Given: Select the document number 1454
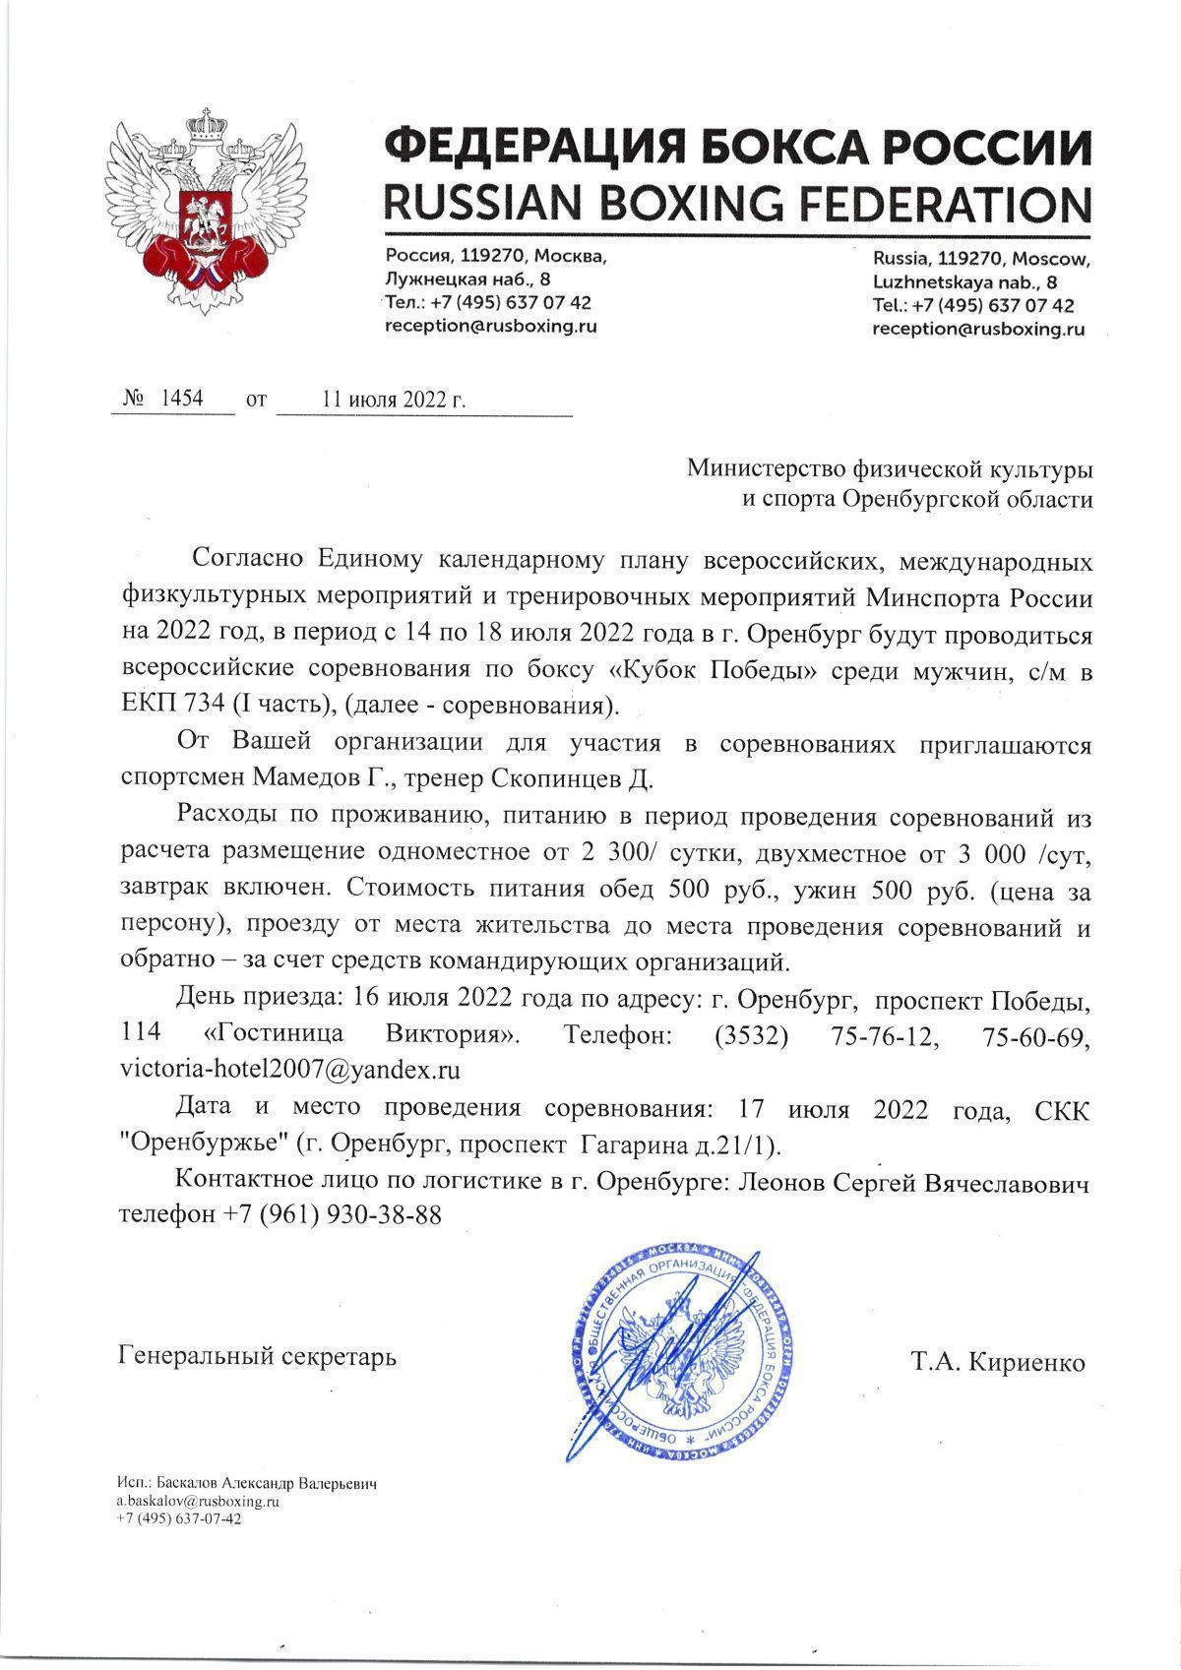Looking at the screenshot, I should click(181, 399).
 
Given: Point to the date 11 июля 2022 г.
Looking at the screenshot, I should click(394, 400).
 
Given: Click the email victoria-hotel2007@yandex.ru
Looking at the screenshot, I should click(290, 1069).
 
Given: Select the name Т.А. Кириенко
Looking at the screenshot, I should click(998, 1363).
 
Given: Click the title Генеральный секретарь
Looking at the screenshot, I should click(258, 1357).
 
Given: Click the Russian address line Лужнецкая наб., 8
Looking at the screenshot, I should click(467, 279).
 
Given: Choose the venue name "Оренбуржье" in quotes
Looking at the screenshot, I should click(200, 1145).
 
